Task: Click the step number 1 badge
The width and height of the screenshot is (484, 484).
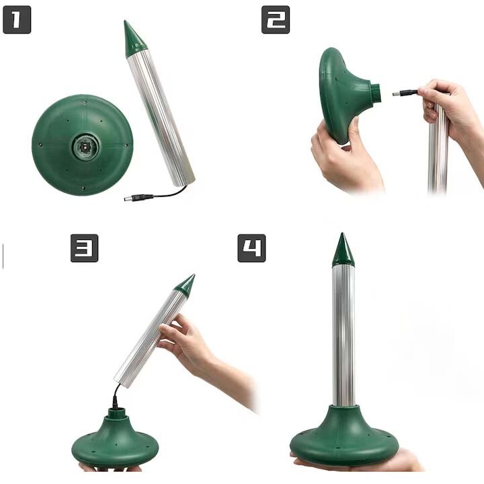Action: pos(17,19)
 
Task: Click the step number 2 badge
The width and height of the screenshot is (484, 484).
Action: pos(276,19)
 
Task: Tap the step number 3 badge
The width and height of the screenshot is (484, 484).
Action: pos(84,248)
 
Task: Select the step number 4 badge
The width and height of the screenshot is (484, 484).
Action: pos(251,248)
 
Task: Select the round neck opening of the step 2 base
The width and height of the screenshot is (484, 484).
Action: pos(376,92)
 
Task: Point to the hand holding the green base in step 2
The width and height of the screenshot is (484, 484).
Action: pos(346,155)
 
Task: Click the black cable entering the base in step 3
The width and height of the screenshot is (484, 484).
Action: pos(116,396)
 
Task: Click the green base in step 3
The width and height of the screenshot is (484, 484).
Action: pos(115,438)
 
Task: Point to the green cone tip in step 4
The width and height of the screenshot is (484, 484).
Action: pos(343,251)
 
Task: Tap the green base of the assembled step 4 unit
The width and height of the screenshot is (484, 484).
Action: pos(344,436)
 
